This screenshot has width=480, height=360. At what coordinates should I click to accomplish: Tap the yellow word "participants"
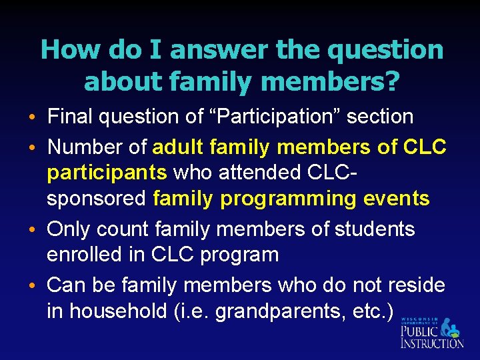[x=107, y=173]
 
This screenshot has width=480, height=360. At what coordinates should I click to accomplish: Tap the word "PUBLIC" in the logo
[x=419, y=331]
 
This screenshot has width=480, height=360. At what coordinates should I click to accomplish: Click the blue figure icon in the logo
[x=452, y=329]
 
